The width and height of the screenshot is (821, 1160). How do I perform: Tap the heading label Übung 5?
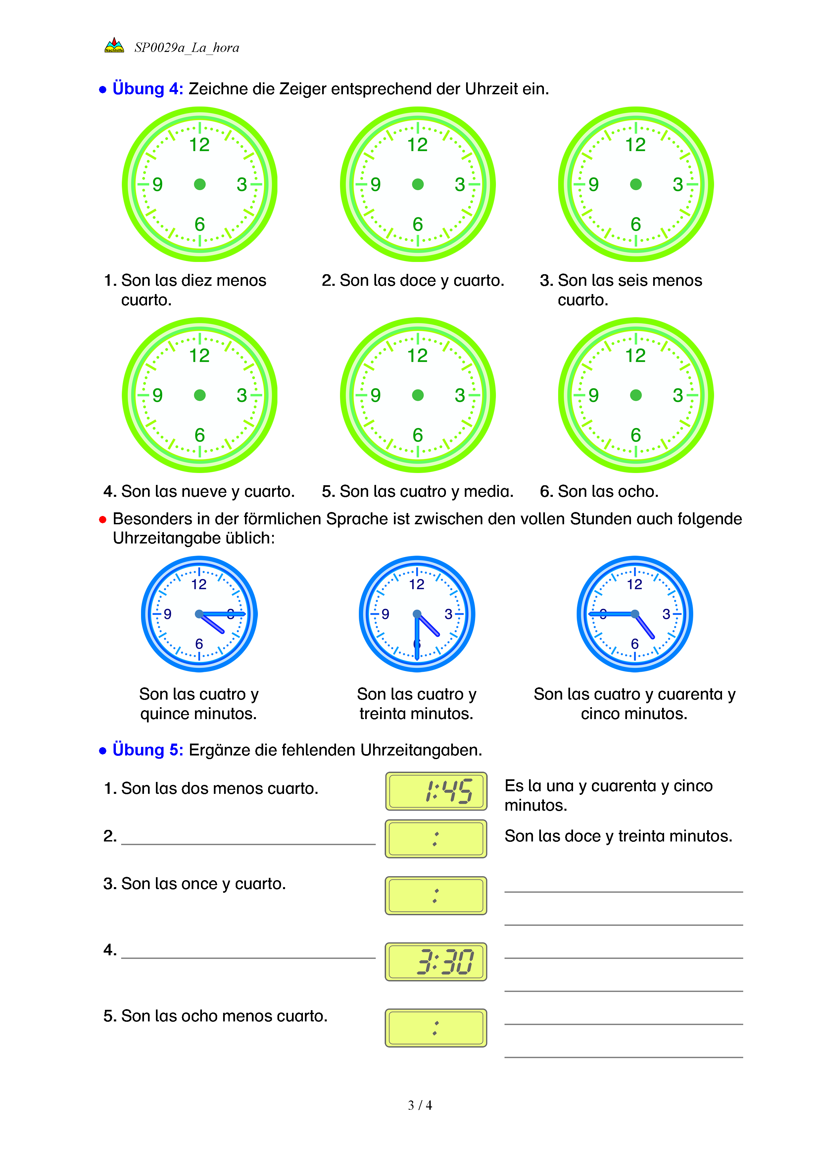[148, 750]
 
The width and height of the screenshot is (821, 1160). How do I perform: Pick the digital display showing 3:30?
[436, 962]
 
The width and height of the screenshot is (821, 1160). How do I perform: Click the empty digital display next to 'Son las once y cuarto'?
[436, 896]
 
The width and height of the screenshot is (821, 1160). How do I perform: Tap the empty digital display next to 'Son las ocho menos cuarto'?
[436, 1028]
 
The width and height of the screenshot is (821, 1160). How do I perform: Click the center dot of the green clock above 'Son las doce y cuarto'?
[417, 185]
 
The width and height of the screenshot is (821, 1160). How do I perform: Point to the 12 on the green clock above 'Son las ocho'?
[636, 356]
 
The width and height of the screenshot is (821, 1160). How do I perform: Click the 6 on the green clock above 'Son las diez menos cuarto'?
[200, 224]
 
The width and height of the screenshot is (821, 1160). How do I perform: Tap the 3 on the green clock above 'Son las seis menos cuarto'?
[677, 185]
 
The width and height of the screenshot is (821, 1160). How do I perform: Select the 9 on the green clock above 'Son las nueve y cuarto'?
[158, 395]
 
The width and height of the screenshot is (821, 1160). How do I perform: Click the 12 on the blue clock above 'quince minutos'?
[199, 584]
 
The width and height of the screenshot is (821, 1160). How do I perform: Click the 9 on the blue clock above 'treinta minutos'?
[385, 614]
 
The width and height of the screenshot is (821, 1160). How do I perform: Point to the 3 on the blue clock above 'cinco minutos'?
[666, 614]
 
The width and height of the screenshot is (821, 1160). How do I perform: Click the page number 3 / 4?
[419, 1105]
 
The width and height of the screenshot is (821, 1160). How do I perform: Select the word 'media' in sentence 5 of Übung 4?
[488, 491]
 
